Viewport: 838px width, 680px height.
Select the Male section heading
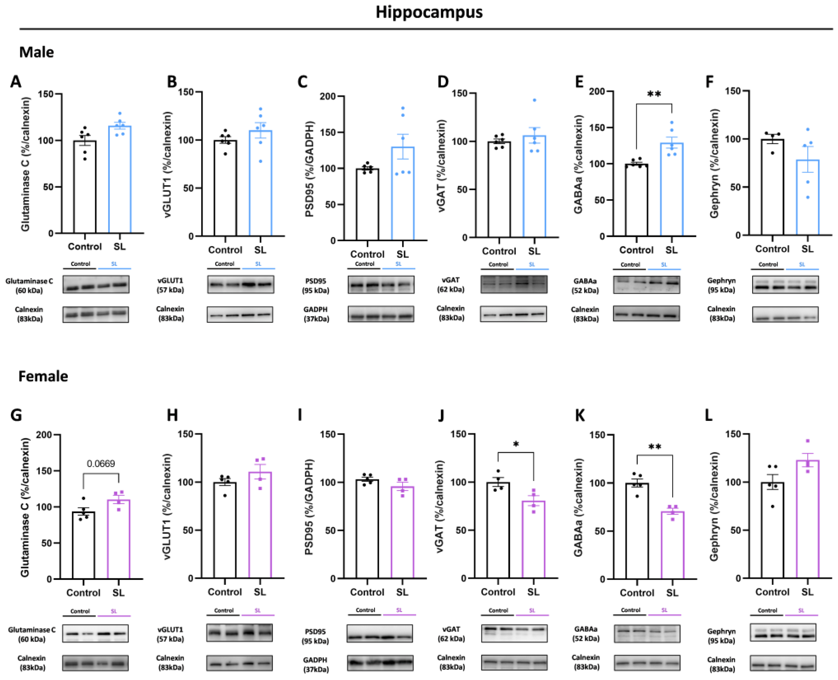pyautogui.click(x=36, y=52)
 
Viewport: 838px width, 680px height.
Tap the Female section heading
pyautogui.click(x=43, y=376)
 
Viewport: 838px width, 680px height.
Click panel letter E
pyautogui.click(x=579, y=82)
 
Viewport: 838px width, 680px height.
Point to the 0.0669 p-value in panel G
pyautogui.click(x=101, y=464)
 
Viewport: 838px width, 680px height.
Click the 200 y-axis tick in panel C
pyautogui.click(x=328, y=96)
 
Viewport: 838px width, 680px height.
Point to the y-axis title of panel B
pyautogui.click(x=168, y=165)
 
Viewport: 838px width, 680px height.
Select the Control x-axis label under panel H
pyautogui.click(x=225, y=592)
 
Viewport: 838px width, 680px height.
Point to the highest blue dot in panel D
pyautogui.click(x=534, y=100)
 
